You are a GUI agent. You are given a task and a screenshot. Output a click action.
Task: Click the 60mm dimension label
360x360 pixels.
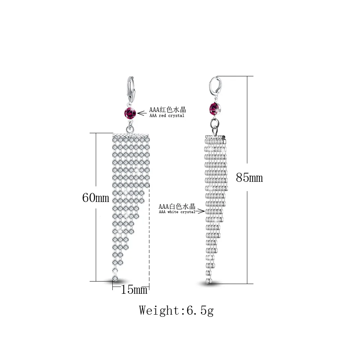click(x=96, y=197)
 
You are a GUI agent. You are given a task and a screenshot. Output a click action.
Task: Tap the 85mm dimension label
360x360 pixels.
click(x=249, y=177)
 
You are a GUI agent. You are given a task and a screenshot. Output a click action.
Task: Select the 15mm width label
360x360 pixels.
click(x=134, y=289)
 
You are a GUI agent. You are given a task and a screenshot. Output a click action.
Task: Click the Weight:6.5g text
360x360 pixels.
click(x=176, y=311)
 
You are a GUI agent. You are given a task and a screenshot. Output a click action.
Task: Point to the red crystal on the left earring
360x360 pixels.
click(x=130, y=113)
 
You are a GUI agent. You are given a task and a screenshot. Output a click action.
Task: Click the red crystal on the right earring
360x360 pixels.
click(x=215, y=109)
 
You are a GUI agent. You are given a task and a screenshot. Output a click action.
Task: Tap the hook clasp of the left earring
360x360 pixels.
click(x=131, y=90)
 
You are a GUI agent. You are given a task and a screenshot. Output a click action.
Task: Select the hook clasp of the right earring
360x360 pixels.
click(x=215, y=87)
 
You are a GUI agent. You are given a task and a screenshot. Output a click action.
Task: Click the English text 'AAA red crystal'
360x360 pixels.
click(x=167, y=116)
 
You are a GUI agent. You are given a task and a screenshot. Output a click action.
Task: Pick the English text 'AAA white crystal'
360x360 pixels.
click(x=177, y=212)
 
